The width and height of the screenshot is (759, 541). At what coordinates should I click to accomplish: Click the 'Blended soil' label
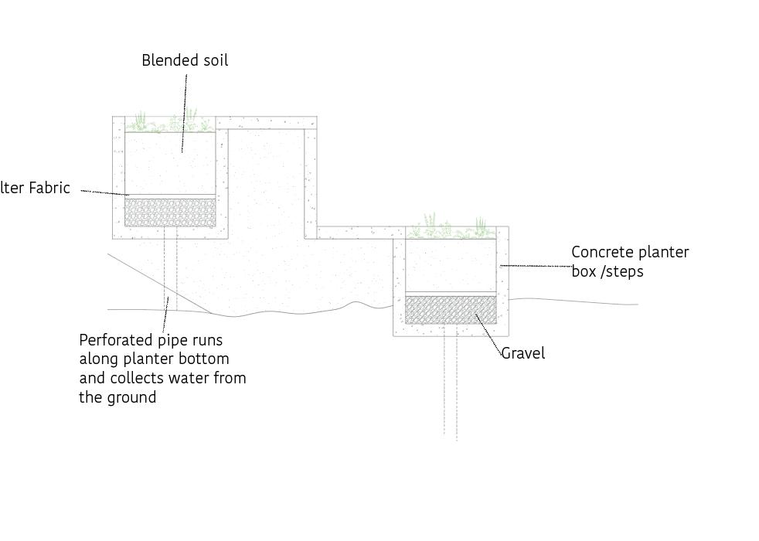pos(185,60)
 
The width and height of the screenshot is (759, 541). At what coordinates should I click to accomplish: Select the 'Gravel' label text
pos(523,353)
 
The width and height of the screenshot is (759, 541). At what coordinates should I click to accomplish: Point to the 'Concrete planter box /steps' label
pos(629,261)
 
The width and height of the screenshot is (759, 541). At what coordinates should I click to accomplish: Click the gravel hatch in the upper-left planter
pos(170,213)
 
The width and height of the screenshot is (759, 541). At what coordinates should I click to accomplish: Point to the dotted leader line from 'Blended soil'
pos(185,108)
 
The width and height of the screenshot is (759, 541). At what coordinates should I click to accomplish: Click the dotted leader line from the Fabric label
pos(104,192)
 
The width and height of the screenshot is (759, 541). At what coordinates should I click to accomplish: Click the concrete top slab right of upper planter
pos(266,122)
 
